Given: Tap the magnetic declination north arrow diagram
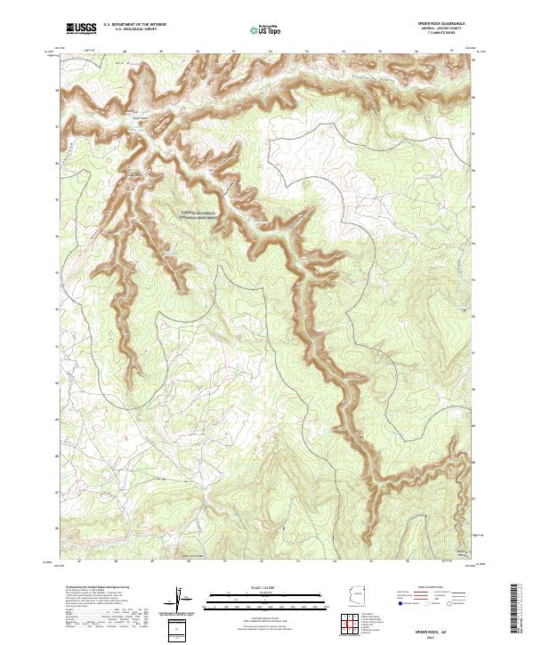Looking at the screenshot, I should (181, 598).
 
